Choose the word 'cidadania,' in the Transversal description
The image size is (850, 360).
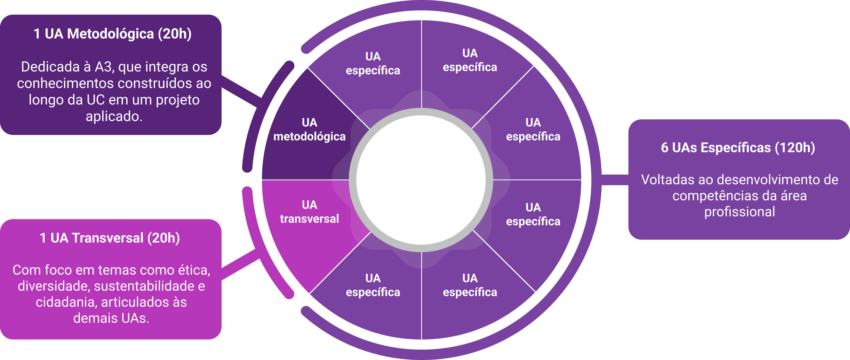click(66, 302)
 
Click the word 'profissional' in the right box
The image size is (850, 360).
click(740, 212)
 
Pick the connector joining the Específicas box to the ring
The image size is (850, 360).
click(615, 180)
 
